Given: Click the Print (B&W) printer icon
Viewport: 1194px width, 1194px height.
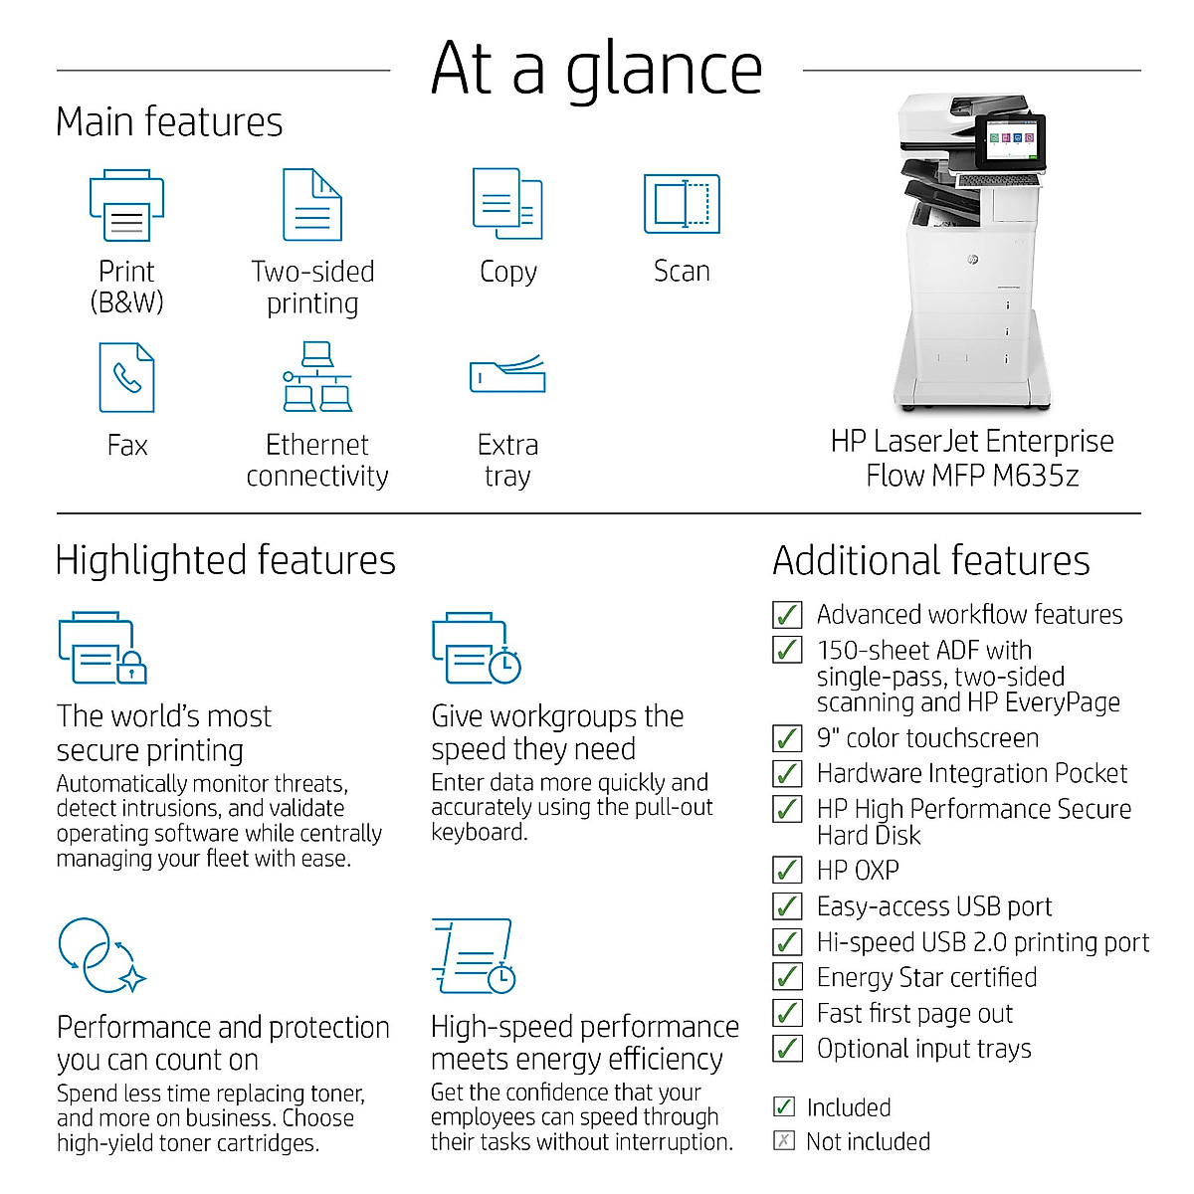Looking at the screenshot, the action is [x=126, y=206].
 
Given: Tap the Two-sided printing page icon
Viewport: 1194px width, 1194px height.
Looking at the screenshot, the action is [x=312, y=205].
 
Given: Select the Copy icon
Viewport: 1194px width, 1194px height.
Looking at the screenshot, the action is [x=507, y=204].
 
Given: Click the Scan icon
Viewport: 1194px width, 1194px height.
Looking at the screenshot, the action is [x=682, y=204].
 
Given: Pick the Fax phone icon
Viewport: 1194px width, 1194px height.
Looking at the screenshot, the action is [x=126, y=377].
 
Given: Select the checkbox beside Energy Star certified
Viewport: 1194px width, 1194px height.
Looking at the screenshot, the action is [x=787, y=977].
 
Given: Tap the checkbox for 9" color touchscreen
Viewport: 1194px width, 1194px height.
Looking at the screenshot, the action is [x=787, y=738].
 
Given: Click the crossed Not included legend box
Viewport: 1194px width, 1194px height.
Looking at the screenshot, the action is [x=784, y=1141].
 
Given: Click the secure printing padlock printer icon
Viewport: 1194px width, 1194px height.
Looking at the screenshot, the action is [x=101, y=648].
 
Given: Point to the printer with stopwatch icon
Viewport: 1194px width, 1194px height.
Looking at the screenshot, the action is [x=477, y=648].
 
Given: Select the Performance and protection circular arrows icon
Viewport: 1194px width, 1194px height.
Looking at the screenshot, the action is [x=100, y=955].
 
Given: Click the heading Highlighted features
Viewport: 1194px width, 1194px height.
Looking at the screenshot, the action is [x=226, y=560].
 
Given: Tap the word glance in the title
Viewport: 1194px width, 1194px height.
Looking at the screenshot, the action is [x=664, y=70].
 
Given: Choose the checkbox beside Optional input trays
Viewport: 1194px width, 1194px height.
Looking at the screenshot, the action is [x=787, y=1049].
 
